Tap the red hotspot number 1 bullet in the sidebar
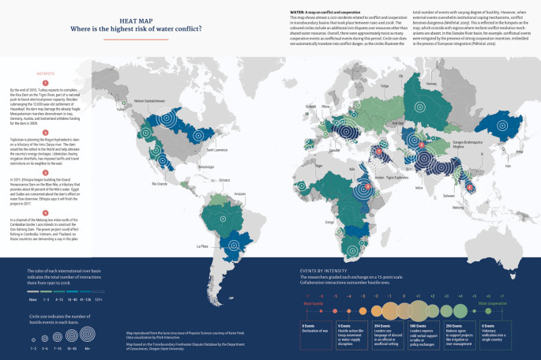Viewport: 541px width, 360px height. (46, 83)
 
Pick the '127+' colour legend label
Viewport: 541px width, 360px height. (98, 300)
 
